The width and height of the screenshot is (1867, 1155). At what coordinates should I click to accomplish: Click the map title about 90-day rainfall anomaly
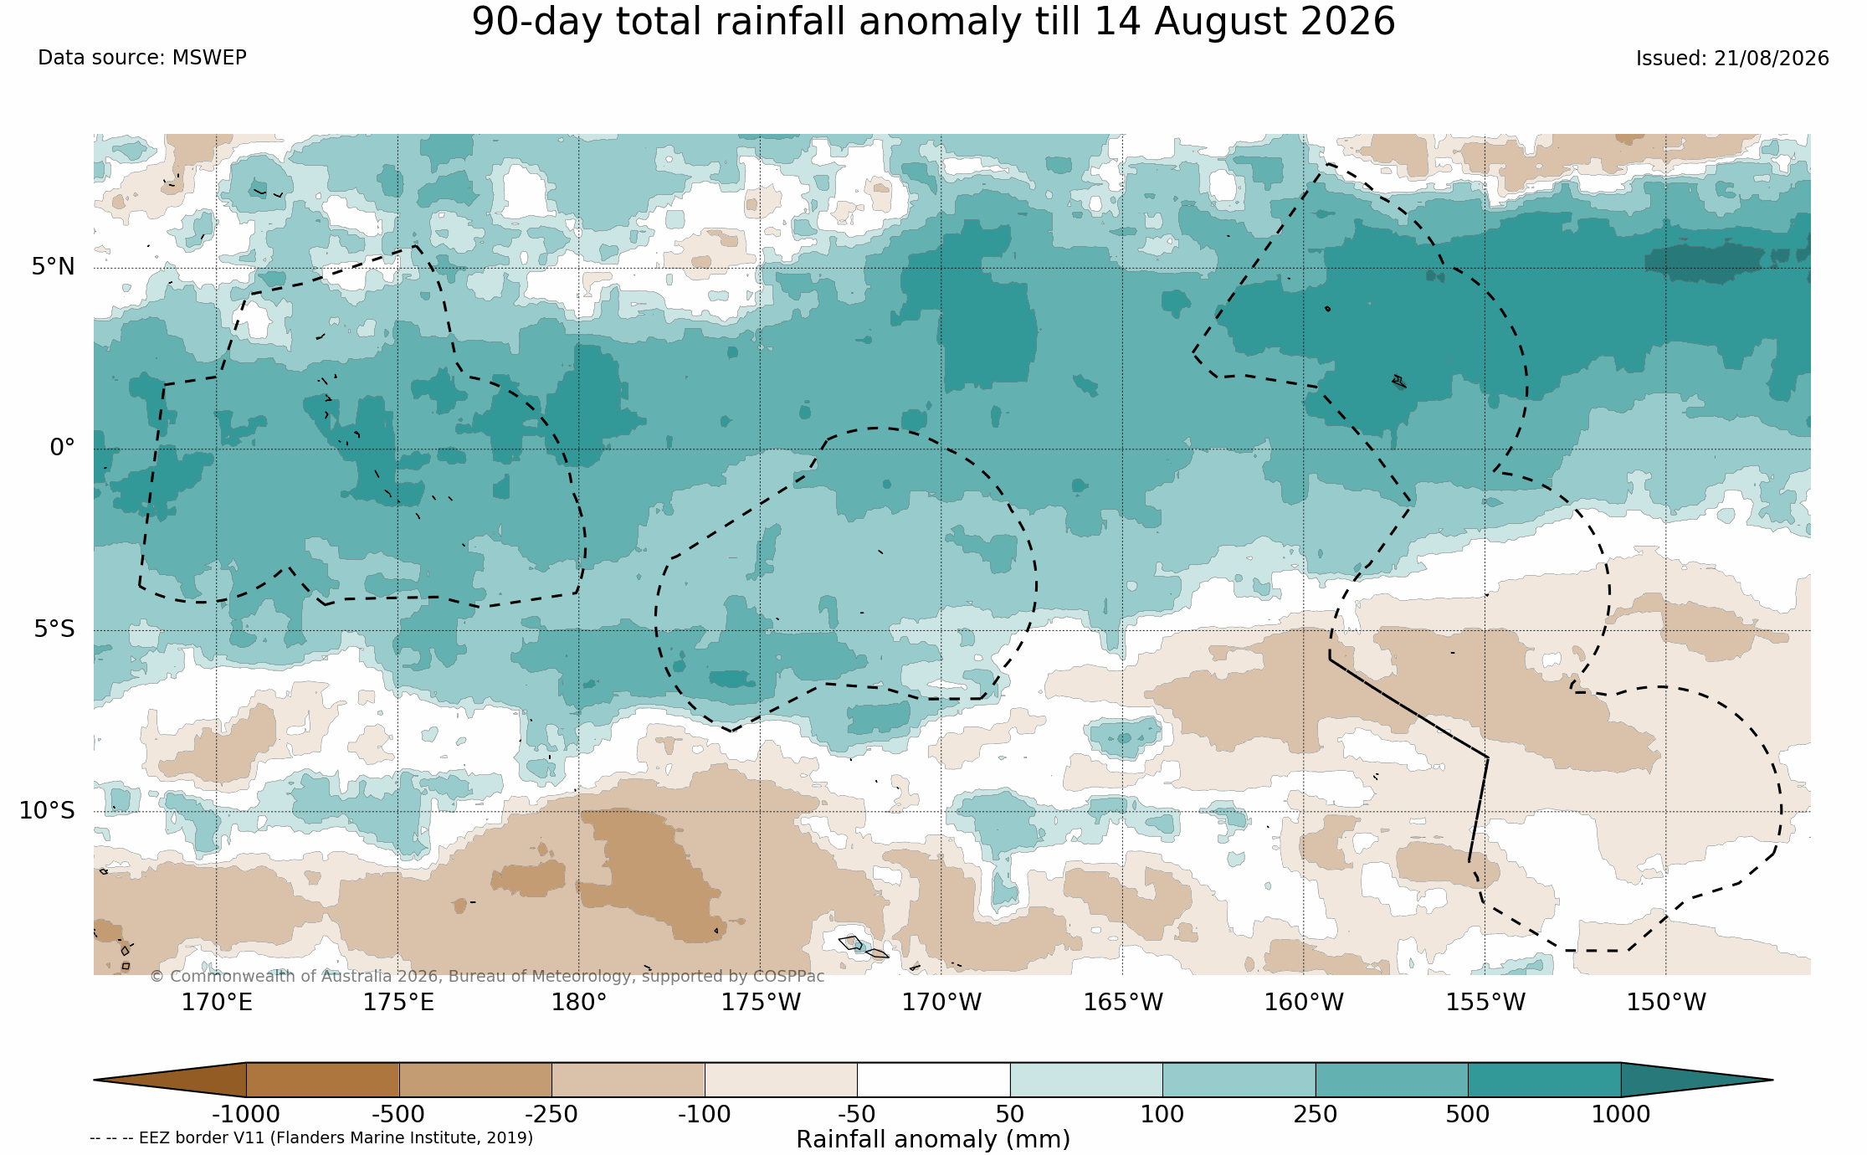[933, 22]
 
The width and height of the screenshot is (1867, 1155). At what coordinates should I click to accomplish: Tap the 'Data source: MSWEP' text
[142, 58]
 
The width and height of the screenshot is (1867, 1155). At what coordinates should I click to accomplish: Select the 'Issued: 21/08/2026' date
[1732, 59]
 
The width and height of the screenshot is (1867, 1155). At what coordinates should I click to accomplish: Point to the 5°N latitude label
[54, 266]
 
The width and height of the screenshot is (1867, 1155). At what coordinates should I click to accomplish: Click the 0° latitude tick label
[62, 448]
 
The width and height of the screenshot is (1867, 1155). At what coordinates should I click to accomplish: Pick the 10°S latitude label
[47, 810]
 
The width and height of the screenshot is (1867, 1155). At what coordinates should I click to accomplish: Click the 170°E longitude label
[217, 1002]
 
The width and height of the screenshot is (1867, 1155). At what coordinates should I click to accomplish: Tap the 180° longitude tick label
[578, 1002]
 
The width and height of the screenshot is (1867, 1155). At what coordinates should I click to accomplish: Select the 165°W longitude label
[1123, 1002]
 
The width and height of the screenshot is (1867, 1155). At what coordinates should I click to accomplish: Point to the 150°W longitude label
[1665, 1002]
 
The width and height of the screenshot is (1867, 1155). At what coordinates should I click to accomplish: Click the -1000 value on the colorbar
[246, 1114]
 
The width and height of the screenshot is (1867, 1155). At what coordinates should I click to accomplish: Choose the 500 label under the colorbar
[1468, 1114]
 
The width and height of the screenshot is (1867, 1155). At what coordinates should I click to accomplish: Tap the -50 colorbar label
[857, 1114]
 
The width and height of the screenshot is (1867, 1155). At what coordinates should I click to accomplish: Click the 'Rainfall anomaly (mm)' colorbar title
[933, 1139]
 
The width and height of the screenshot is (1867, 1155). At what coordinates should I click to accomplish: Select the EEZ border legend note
[311, 1137]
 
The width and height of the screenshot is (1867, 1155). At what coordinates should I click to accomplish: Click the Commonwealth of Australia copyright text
[487, 976]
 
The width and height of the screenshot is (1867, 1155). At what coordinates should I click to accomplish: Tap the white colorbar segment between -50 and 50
[933, 1080]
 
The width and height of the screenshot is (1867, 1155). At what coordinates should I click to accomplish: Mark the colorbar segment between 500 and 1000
[1544, 1080]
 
